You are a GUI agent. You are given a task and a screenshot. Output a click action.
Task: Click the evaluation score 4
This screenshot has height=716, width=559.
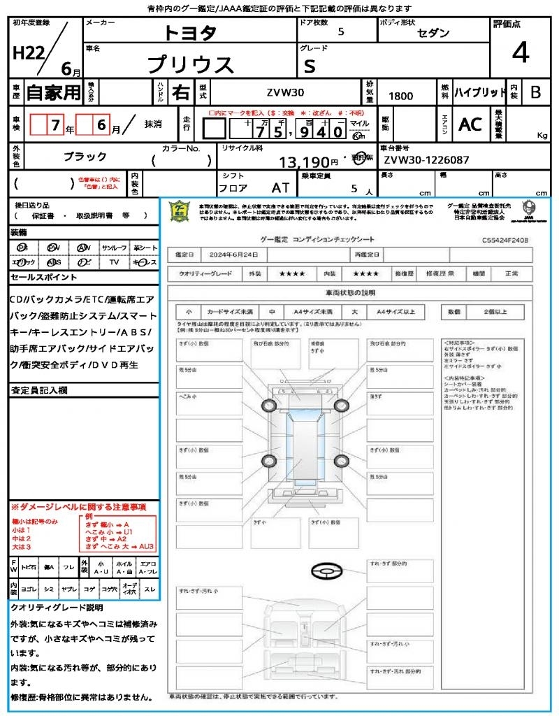pos(520,53)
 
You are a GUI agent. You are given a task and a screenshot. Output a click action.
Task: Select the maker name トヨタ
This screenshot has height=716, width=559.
pos(190,34)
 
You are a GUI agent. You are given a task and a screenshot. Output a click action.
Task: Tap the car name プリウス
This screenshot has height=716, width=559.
pos(190,64)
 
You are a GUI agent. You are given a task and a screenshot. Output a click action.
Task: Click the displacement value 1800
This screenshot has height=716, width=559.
pos(400,96)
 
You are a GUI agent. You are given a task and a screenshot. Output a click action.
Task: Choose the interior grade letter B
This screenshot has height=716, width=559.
pos(535,92)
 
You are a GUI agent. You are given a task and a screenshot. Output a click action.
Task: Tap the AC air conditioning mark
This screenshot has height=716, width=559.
pos(470,124)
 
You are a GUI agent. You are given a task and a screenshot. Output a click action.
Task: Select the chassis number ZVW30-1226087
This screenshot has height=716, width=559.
pos(426,160)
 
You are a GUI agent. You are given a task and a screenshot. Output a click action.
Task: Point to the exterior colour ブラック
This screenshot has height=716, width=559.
pos(85,157)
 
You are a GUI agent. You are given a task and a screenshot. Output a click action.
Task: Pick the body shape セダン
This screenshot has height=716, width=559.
pos(434,34)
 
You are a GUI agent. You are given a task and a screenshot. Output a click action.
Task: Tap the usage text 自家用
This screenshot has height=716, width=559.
pos(54,92)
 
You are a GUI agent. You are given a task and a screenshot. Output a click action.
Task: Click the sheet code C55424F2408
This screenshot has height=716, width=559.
pos(504,240)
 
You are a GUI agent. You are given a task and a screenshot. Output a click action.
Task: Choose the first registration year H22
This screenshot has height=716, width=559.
pos(28,53)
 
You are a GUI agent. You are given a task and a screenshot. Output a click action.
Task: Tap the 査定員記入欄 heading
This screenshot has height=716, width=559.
pos(39,389)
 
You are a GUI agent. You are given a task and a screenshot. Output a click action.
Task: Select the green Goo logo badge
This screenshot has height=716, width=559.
pos(180,210)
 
